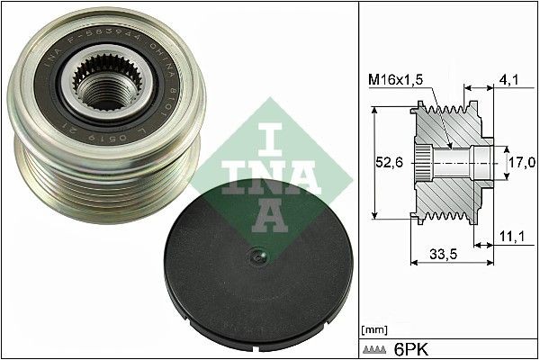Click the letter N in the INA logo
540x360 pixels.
click(262, 175)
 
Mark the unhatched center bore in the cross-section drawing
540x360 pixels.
click(454, 163)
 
